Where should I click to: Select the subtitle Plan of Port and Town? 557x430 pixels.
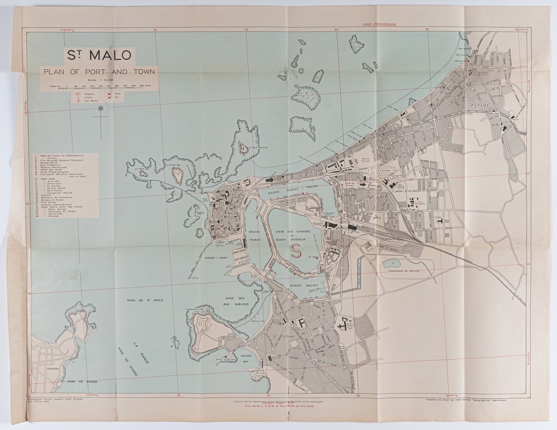pos(99,72)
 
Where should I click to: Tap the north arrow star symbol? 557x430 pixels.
pos(100,109)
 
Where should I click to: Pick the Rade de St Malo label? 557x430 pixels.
pos(145,300)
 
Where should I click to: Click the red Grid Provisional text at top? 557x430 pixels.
pos(380,24)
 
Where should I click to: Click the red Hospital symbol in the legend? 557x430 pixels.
pos(78,94)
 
